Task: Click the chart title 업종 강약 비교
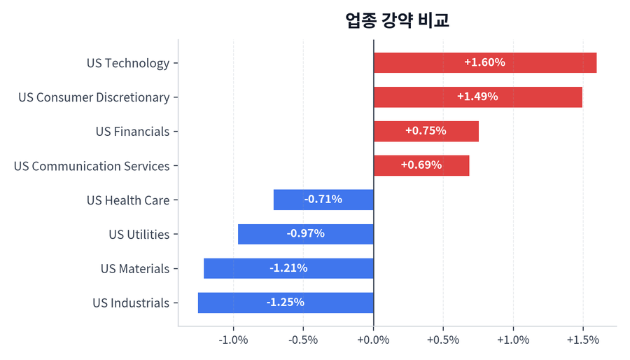397,20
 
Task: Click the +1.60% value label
484,62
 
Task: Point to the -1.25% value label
285,303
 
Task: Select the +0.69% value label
421,165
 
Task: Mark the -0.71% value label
323,200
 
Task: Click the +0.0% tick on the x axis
373,340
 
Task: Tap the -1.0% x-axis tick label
233,340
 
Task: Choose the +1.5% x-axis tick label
582,340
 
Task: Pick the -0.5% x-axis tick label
303,340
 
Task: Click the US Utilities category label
139,235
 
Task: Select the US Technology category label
128,63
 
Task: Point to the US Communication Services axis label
92,166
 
